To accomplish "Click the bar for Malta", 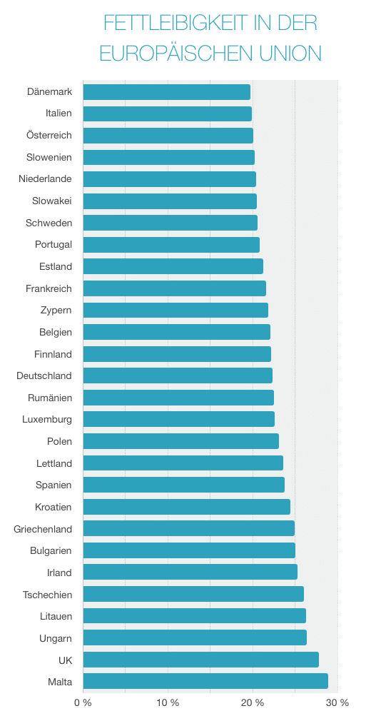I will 205,681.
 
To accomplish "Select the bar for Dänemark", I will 167,91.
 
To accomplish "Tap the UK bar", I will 200,660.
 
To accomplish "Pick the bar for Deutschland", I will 178,375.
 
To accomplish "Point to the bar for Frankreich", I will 175,288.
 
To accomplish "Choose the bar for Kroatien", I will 187,507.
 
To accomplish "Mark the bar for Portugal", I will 171,245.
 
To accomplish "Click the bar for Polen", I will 181,441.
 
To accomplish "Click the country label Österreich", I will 49,136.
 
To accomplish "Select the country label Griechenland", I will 43,529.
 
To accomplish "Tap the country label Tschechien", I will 47,594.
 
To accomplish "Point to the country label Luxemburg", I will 48,420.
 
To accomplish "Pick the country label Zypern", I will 56,311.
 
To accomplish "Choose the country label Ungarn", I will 55,638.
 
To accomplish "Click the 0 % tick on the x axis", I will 83,703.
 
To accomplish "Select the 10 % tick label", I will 168,703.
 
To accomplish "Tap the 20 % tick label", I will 253,703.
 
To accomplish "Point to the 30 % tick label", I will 337,703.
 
